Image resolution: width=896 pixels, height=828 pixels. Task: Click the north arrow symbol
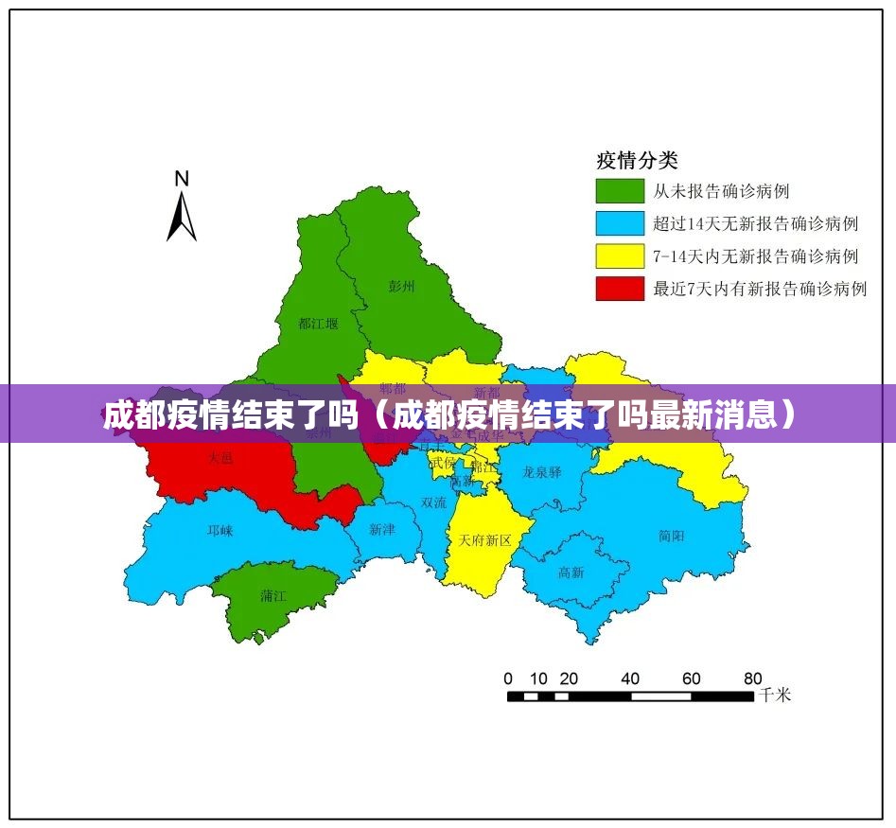182,216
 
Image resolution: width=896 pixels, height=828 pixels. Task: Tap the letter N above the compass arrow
182,178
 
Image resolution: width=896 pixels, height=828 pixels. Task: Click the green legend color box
619,191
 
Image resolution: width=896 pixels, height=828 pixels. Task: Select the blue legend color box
619,223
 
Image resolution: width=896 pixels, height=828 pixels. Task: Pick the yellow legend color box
619,255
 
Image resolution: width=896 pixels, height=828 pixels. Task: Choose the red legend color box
619,288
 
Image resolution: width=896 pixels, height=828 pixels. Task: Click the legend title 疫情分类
637,160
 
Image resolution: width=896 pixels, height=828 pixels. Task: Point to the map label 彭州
401,285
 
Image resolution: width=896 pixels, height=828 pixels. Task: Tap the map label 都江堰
317,324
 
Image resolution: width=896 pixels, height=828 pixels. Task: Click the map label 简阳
672,536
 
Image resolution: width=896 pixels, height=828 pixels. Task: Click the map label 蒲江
273,596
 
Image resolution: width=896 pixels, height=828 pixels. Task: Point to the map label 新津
382,530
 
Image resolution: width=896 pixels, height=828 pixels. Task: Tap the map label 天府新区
484,540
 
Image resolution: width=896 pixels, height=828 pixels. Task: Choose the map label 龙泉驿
542,472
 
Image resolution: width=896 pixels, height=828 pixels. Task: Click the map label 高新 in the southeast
571,573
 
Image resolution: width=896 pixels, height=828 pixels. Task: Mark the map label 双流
434,503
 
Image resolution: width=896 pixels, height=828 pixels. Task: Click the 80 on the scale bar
752,678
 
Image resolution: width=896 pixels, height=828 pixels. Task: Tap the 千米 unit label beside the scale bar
775,696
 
